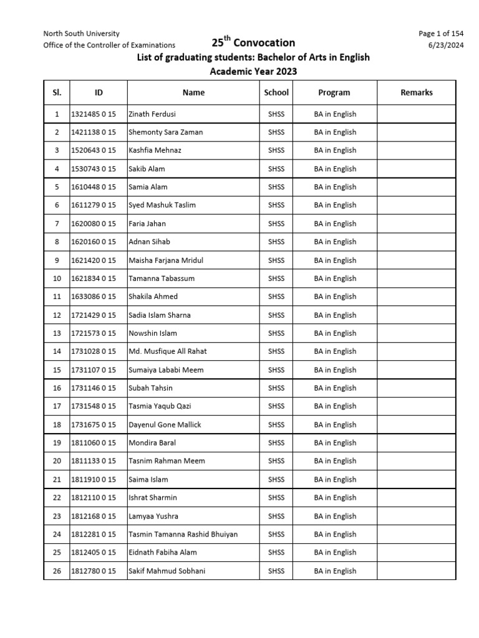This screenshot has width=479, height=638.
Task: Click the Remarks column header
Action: [416, 92]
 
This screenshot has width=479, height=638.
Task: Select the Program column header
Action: [334, 92]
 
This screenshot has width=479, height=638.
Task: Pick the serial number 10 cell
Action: [57, 279]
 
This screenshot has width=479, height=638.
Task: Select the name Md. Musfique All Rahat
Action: [167, 351]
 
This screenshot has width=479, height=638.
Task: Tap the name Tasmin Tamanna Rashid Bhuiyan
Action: [183, 534]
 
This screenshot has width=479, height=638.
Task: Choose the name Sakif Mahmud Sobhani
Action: [167, 571]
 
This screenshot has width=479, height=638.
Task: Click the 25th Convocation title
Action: [253, 42]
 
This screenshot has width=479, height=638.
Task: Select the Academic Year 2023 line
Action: [253, 72]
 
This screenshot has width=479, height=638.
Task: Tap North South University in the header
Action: [81, 34]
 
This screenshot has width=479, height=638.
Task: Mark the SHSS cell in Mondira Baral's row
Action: [276, 443]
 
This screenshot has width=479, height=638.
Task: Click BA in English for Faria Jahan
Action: [335, 224]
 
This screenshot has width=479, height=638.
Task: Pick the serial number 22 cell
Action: [57, 498]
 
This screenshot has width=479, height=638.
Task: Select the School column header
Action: [276, 92]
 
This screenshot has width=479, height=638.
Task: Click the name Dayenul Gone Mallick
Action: [165, 424]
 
